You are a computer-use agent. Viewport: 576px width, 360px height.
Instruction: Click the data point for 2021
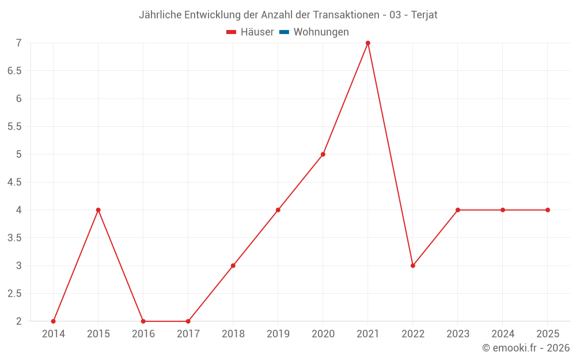point(367,43)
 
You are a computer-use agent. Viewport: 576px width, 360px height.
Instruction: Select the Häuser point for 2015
point(98,210)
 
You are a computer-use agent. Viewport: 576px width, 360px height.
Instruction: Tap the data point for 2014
point(53,321)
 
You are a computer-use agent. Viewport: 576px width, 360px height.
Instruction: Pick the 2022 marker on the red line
point(412,266)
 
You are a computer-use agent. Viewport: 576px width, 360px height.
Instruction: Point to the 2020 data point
point(323,154)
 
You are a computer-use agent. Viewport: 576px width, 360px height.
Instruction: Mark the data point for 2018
point(233,266)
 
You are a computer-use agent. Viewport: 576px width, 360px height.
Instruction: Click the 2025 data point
point(547,210)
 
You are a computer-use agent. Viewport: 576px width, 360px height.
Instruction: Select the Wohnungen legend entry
point(321,32)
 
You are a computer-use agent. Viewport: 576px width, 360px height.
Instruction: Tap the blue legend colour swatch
point(284,32)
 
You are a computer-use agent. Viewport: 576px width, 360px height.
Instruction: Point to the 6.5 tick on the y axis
point(14,71)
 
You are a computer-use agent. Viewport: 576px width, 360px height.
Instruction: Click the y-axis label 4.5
point(14,182)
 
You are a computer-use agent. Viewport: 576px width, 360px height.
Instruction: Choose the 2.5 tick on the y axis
point(14,294)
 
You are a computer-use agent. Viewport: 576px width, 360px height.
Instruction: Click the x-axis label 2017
point(188,334)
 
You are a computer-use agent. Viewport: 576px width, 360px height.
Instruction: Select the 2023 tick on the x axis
point(457,334)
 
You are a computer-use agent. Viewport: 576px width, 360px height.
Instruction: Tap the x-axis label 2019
point(278,334)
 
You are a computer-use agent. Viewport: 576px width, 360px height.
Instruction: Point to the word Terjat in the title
point(424,15)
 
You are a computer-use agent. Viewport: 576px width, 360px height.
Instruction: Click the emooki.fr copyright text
point(526,348)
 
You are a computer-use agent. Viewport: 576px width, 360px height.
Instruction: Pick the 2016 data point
point(143,321)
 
